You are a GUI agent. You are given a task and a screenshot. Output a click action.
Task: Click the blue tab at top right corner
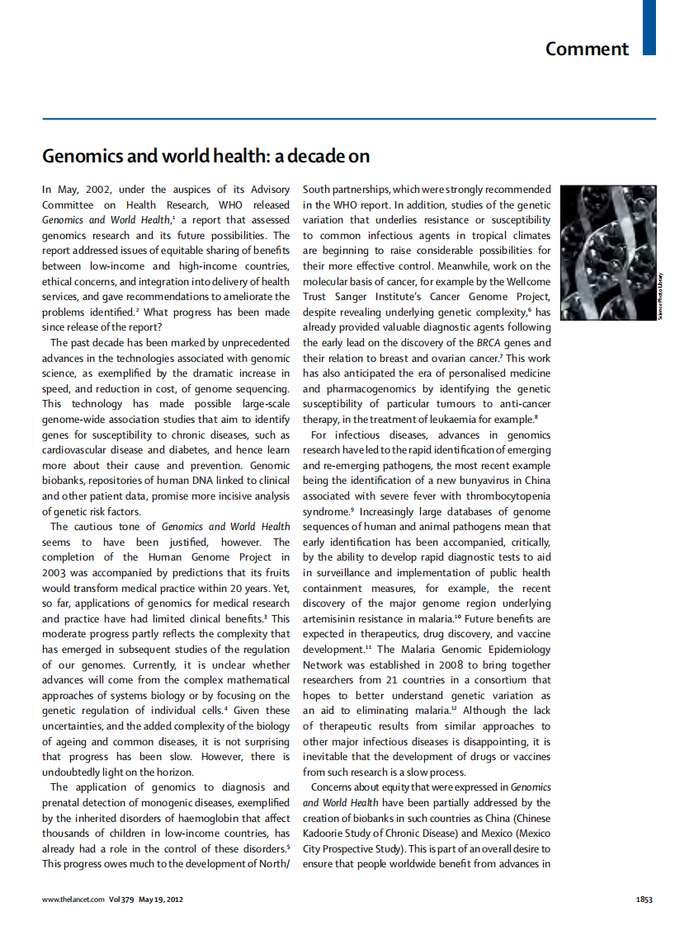[649, 27]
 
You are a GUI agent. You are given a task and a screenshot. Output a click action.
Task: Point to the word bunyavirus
[470, 481]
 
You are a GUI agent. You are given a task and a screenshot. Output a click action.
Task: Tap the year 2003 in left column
[55, 572]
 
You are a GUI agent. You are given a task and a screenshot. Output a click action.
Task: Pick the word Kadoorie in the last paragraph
[327, 833]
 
